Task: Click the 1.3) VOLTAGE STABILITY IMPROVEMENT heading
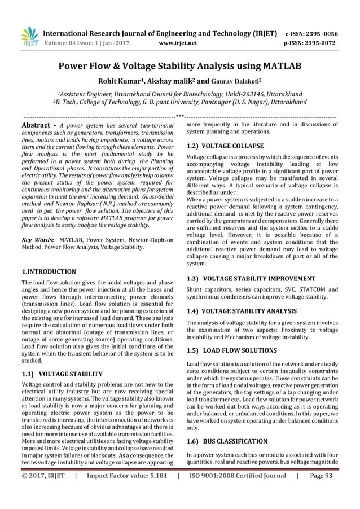(251, 278)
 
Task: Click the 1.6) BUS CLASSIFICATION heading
(227, 441)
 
